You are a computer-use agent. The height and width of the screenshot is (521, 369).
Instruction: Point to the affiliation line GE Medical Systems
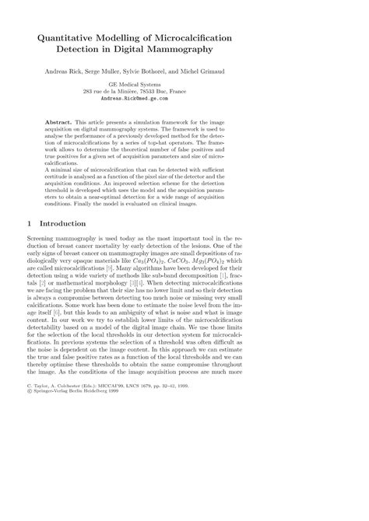point(184,85)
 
